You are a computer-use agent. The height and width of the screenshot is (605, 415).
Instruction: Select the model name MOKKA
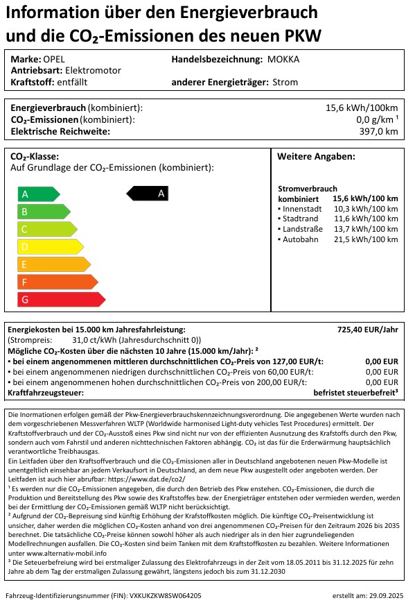tap(283, 59)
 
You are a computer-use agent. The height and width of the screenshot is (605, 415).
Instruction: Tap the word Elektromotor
tap(94, 70)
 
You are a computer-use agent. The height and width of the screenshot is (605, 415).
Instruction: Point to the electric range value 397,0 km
tap(378, 131)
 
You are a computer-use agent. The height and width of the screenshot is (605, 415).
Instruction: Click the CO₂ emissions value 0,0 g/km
tap(372, 119)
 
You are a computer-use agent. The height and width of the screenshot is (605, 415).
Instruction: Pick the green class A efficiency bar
tap(38, 194)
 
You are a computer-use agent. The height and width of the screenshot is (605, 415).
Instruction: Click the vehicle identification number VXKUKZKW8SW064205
tap(161, 595)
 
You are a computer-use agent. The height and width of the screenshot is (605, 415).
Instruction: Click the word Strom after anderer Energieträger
tap(285, 82)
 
